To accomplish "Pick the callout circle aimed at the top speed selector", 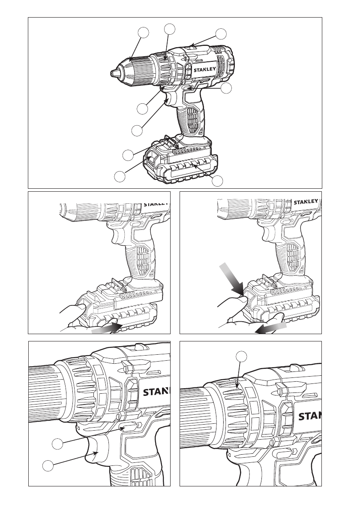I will [x=221, y=34].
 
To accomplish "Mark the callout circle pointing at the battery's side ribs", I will [x=217, y=181].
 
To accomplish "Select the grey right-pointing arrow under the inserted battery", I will [x=105, y=329].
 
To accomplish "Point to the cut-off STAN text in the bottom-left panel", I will [x=156, y=392].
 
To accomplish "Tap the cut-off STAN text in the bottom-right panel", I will [x=309, y=416].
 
